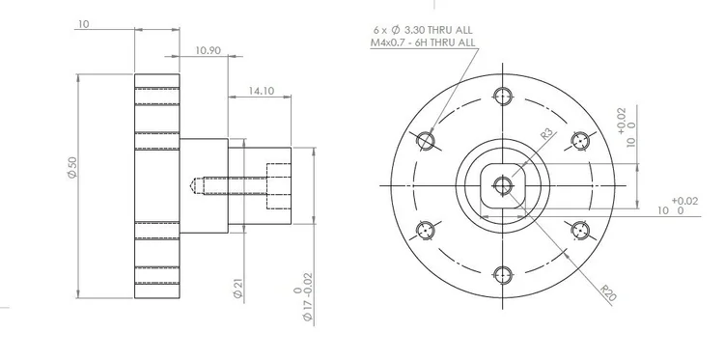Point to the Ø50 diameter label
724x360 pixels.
[70, 168]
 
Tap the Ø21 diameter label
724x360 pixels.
[237, 289]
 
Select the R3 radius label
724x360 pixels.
[545, 134]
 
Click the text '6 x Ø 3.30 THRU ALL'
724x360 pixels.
[423, 30]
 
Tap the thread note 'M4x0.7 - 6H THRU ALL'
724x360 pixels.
[423, 42]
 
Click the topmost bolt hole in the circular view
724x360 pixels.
[501, 95]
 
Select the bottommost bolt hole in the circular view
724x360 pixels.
[501, 273]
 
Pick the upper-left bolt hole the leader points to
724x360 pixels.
[424, 140]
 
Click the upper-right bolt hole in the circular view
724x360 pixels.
[579, 140]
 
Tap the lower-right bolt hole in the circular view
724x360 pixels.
[579, 230]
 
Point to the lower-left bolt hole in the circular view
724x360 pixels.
[424, 230]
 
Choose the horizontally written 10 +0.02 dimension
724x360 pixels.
[677, 206]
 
